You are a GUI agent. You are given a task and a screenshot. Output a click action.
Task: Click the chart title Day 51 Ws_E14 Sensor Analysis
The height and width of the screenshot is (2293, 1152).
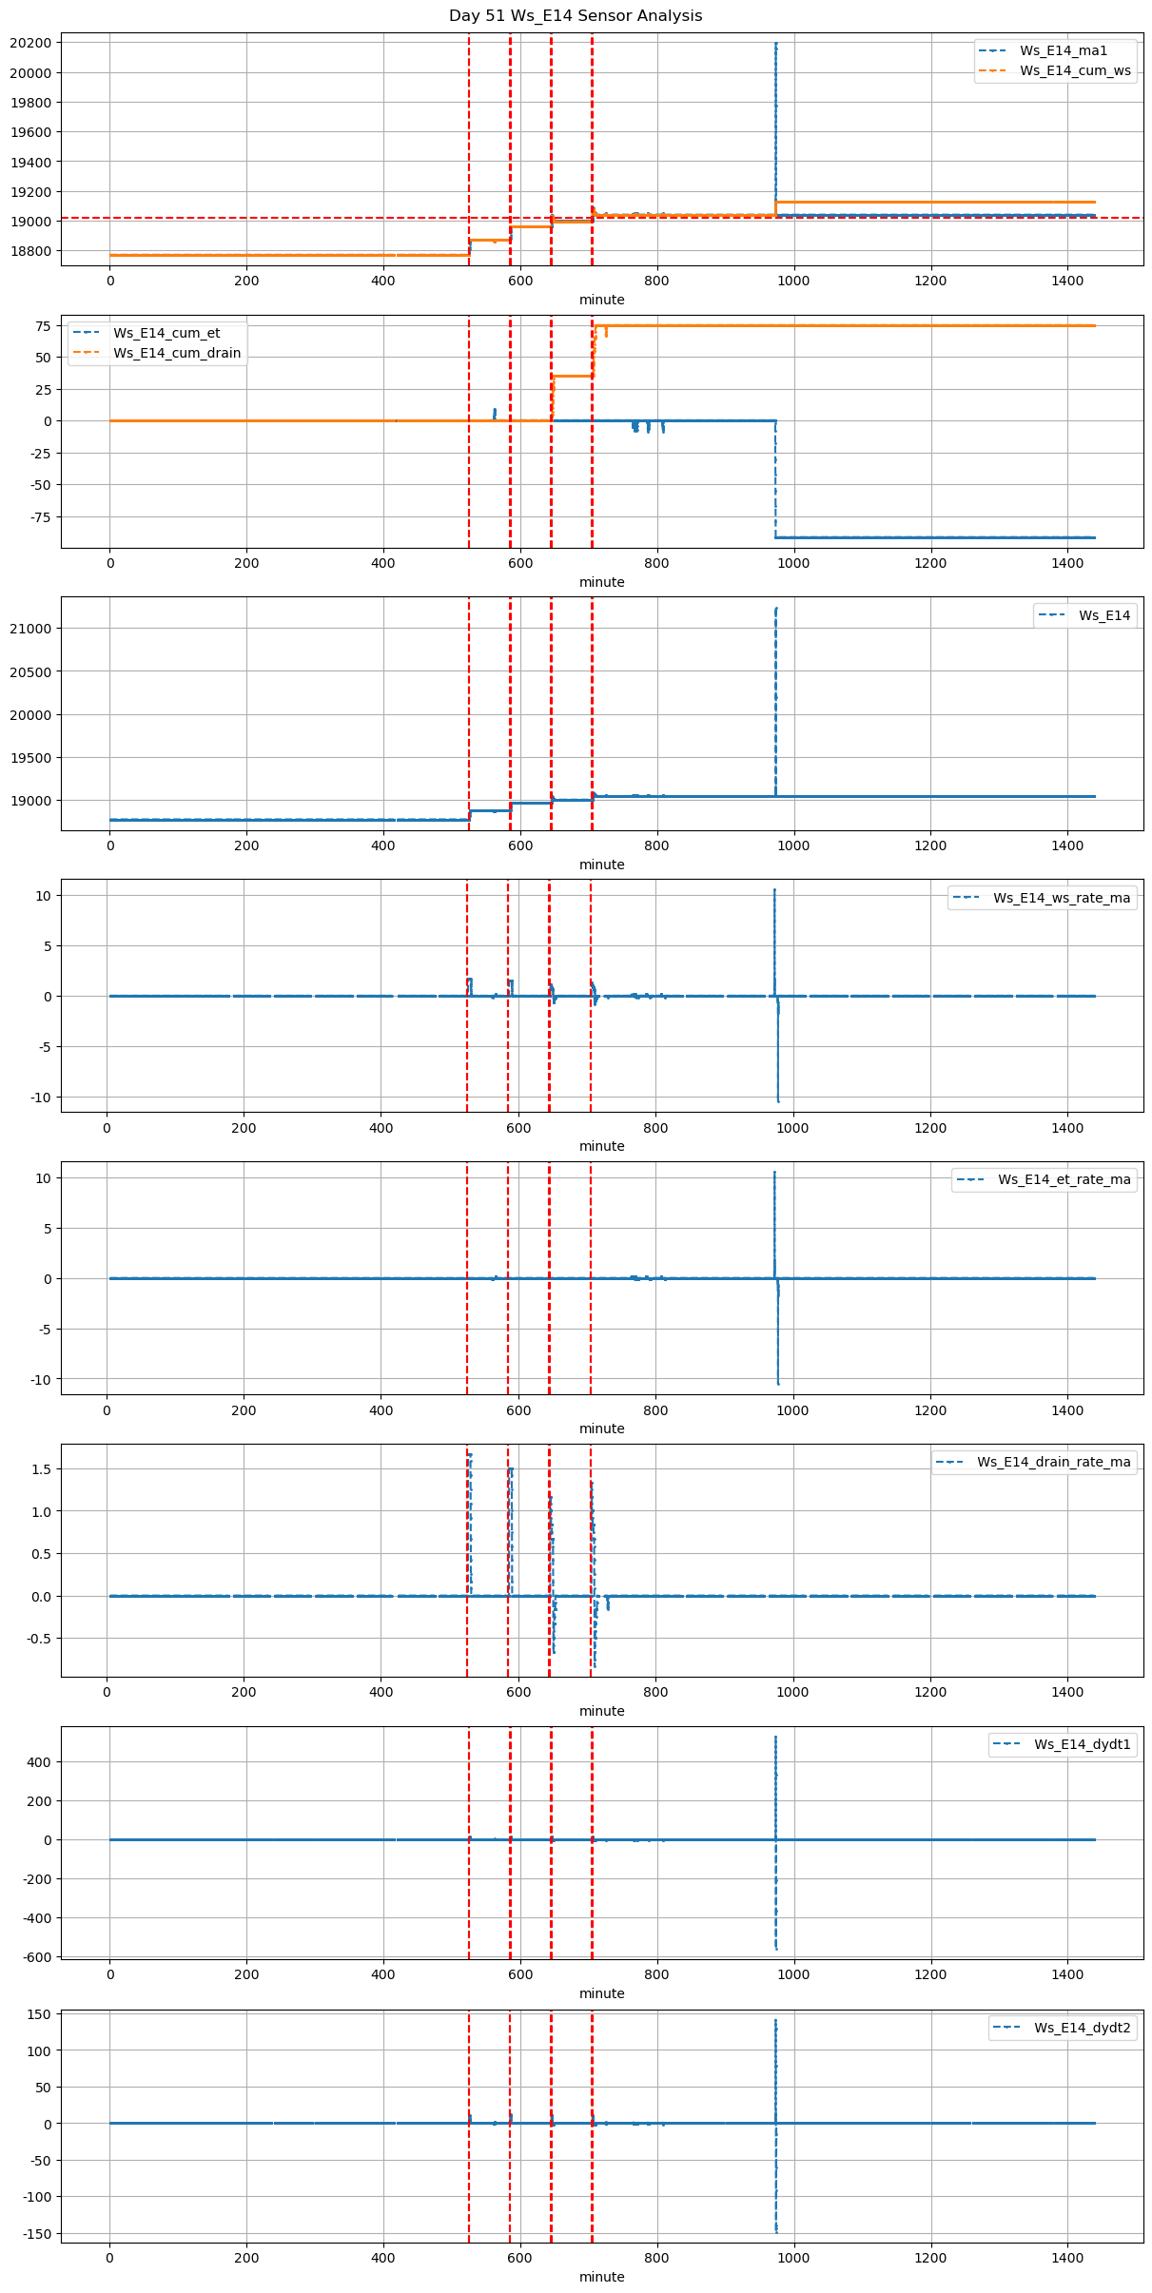[576, 15]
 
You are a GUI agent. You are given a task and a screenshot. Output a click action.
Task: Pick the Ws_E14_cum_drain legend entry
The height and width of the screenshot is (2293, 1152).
[177, 353]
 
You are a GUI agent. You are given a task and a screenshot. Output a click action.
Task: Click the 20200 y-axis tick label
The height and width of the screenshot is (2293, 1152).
[32, 43]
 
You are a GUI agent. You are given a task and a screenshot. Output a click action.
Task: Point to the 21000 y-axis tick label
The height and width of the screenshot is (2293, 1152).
[32, 629]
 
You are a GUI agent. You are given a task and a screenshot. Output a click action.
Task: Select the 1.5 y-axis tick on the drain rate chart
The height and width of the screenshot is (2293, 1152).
[42, 1469]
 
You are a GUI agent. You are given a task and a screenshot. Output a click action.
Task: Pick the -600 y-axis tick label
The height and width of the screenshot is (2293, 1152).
[35, 1957]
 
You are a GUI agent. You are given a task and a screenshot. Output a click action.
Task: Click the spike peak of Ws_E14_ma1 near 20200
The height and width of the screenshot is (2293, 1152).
[775, 44]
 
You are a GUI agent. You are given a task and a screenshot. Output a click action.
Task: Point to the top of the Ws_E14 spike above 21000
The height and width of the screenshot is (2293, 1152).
[776, 608]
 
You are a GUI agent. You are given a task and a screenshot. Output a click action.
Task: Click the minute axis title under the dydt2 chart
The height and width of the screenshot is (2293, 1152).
[601, 2277]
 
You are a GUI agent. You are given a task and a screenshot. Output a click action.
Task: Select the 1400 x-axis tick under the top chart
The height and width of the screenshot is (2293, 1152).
[1067, 281]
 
